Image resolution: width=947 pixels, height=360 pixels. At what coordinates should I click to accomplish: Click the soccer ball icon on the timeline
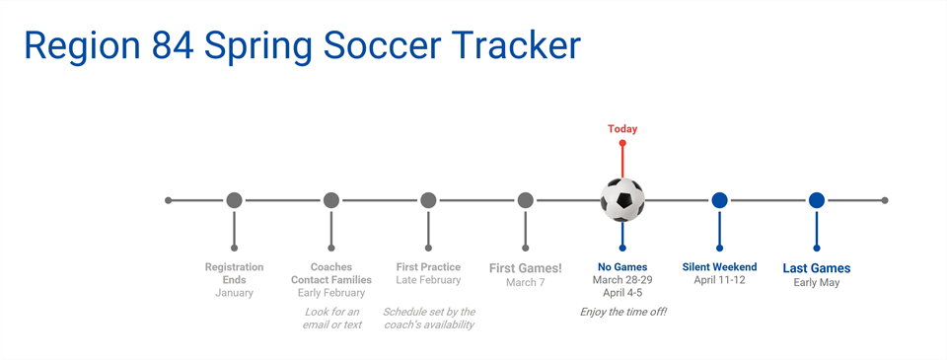tap(622, 200)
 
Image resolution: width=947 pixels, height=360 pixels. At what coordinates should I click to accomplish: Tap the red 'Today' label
tap(622, 129)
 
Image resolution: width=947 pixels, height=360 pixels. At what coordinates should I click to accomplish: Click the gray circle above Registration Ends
tap(234, 200)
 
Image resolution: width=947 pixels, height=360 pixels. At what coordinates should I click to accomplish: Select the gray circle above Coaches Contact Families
tap(331, 200)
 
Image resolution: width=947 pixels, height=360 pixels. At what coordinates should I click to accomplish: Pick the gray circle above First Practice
tap(428, 200)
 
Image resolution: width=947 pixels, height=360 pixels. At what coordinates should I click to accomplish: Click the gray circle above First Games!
tap(526, 200)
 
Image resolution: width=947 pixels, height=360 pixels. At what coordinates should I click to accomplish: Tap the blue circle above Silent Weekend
tap(719, 200)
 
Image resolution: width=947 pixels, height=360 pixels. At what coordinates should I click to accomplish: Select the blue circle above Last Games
tap(817, 200)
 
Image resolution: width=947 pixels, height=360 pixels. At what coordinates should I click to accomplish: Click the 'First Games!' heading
tap(526, 268)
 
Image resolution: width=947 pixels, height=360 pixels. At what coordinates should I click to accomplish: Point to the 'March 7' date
tap(526, 283)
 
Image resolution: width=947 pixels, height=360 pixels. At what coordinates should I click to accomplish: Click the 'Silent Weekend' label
tap(719, 267)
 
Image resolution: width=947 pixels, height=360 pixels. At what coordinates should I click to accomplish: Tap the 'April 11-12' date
tap(719, 280)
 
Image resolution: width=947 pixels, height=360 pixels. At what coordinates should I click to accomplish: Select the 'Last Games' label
tap(817, 268)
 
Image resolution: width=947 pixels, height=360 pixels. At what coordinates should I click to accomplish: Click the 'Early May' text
tap(817, 283)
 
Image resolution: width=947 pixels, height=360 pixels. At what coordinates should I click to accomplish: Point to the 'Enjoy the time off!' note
tap(622, 312)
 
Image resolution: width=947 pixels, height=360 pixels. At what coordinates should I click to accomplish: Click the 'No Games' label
tap(622, 267)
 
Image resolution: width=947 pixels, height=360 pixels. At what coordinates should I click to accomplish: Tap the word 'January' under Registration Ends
tap(234, 293)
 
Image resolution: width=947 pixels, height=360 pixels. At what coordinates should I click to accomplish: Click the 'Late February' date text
tap(428, 280)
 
